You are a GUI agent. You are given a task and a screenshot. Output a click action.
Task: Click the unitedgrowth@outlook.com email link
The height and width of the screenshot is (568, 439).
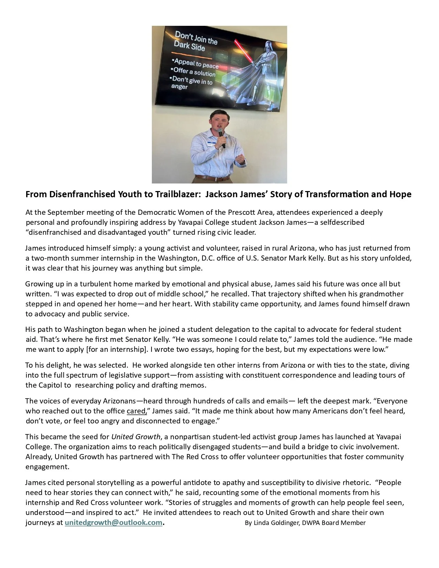click(x=113, y=523)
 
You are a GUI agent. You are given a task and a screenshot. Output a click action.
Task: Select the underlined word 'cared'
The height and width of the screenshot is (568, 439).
click(x=136, y=411)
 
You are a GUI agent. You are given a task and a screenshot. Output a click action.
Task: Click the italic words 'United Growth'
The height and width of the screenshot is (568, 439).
click(x=136, y=437)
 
